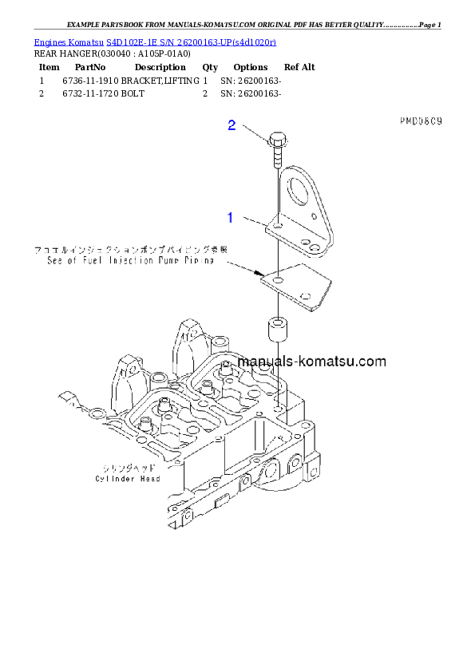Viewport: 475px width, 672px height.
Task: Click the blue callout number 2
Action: (232, 125)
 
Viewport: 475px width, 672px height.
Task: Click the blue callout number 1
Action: (230, 216)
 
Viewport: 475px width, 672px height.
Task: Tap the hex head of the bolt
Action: (275, 140)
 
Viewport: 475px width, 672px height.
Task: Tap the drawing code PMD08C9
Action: (421, 121)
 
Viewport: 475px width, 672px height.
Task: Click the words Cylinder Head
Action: (128, 479)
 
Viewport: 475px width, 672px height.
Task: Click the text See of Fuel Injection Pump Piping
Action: (130, 260)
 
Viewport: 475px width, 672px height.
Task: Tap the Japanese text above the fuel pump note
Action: (130, 250)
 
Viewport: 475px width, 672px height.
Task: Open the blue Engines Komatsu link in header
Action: (155, 42)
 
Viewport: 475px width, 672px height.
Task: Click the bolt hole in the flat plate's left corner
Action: (275, 283)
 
